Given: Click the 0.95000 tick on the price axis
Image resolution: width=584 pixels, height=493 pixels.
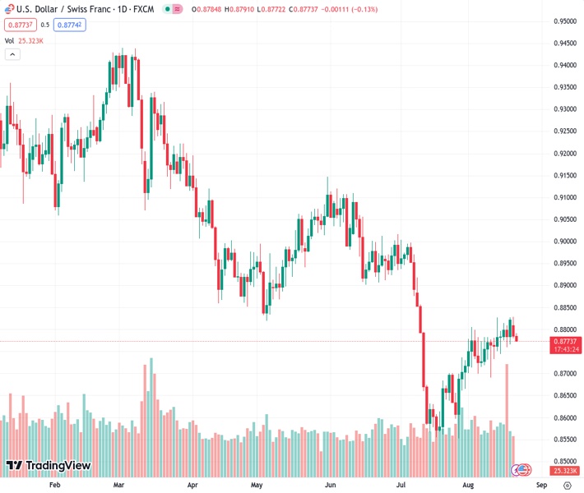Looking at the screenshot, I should pos(563,21).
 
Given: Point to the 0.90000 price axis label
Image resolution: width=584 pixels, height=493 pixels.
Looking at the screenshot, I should pos(563,242).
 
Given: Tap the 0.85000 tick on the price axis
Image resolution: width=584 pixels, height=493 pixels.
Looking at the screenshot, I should pos(563,462).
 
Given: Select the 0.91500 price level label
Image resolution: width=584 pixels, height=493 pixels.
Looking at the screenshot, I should pos(563,175).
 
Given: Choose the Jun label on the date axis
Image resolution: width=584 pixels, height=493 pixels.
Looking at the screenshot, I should pos(329,485).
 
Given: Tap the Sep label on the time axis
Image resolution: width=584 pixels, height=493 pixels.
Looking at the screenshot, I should pos(531,485).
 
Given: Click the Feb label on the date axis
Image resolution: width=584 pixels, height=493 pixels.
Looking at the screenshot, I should pos(55,485).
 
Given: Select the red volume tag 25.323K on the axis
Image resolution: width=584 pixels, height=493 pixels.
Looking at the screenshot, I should pos(563,471).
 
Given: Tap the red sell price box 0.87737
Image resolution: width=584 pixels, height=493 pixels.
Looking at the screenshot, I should pos(19,25).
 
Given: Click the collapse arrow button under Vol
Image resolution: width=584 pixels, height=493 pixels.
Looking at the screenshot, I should pos(12,54).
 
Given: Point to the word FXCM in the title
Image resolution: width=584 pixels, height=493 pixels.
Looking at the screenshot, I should pos(141,10).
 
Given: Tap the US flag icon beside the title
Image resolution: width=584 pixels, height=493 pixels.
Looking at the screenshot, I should pos(169,10).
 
